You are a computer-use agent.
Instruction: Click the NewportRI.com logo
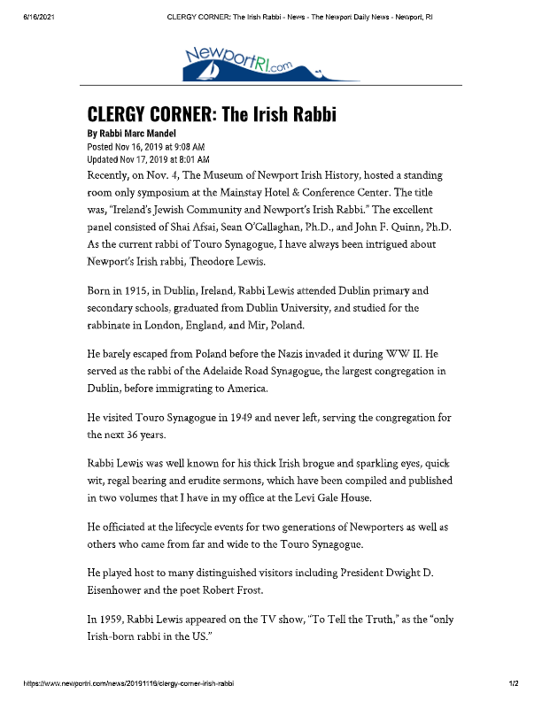pyautogui.click(x=250, y=62)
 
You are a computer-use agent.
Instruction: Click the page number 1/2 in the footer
pyautogui.click(x=513, y=683)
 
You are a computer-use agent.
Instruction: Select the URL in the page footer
pyautogui.click(x=130, y=683)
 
